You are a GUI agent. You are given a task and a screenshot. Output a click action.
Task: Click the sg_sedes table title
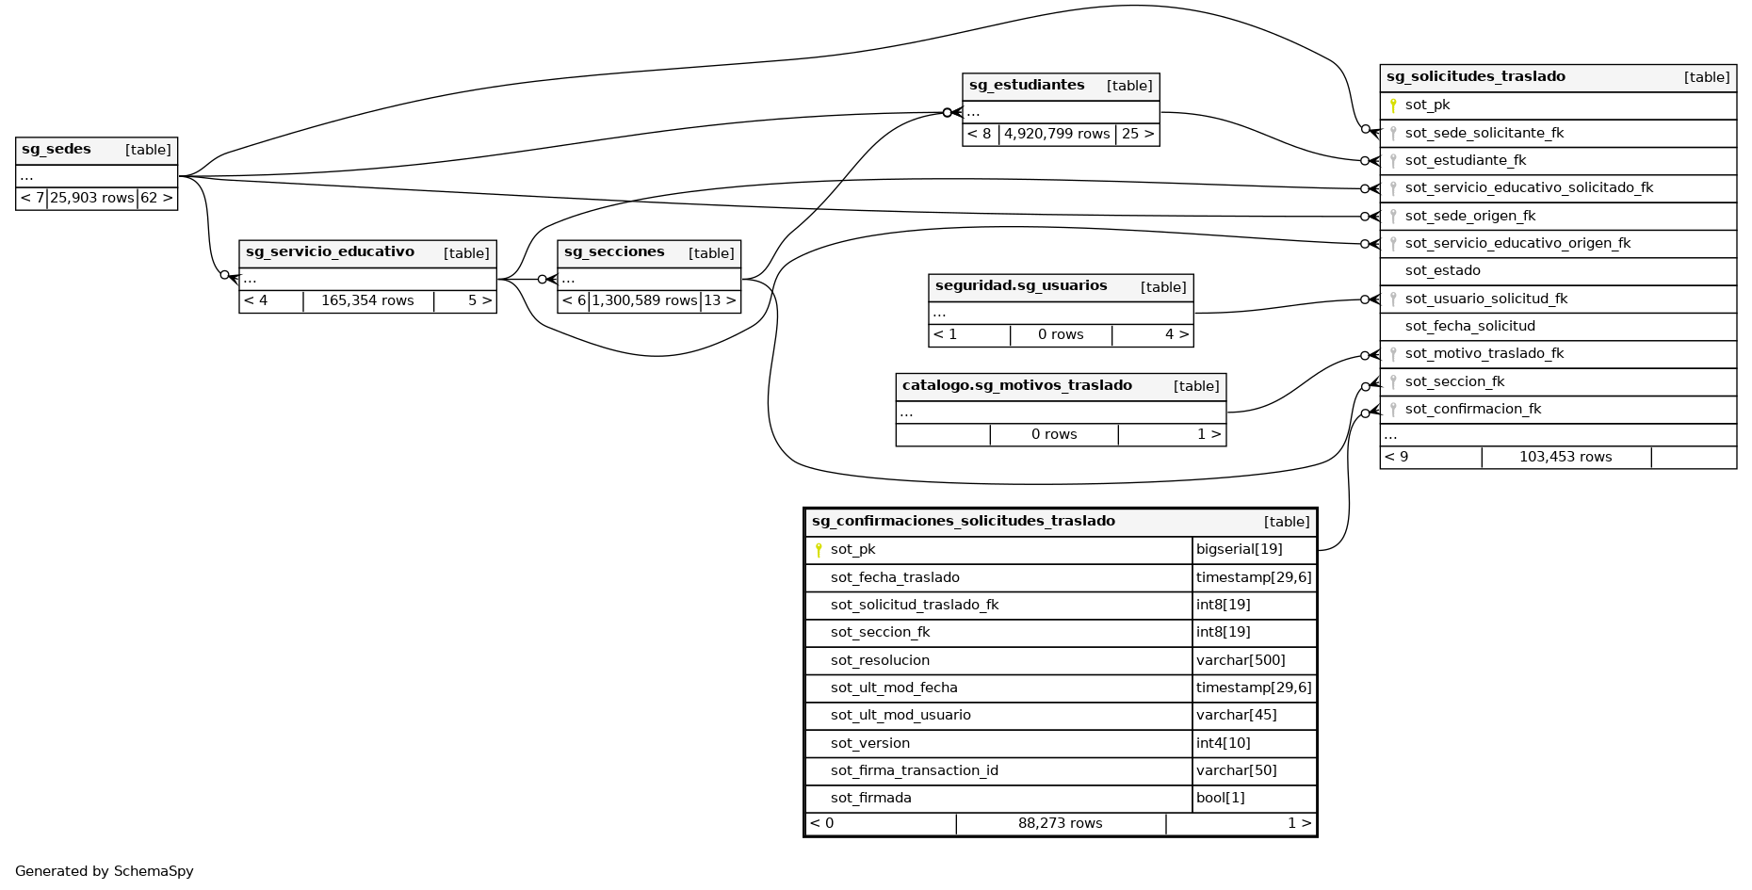[57, 150]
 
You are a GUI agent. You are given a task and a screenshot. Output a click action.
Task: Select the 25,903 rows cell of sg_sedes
[91, 198]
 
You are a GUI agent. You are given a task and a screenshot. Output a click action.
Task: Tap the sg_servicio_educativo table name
[330, 252]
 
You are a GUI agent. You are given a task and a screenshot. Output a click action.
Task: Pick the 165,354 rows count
[367, 300]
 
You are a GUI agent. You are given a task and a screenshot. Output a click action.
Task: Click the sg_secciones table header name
[614, 252]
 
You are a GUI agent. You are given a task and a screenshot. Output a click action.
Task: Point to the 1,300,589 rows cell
[644, 300]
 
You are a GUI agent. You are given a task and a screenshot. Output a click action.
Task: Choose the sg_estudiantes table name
[1027, 86]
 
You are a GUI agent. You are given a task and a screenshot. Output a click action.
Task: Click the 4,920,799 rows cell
[1057, 134]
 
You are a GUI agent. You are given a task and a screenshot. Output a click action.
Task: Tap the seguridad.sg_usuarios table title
[1021, 286]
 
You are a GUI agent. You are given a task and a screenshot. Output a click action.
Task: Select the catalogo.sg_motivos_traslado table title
[1017, 385]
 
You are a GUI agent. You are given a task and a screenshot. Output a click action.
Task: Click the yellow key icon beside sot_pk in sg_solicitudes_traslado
[1393, 105]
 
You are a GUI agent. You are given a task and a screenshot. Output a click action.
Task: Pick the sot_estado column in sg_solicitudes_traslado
[1442, 271]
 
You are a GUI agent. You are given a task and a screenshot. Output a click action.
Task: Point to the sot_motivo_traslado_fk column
[1484, 354]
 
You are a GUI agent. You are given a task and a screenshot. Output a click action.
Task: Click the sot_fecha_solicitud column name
[1469, 327]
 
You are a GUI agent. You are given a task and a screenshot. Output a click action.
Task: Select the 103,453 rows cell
[1565, 457]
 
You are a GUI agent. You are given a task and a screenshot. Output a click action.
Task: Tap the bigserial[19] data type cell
[1239, 550]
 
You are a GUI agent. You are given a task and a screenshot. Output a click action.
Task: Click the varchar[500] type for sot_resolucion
[1241, 660]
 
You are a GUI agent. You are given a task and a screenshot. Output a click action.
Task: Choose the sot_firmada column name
[870, 799]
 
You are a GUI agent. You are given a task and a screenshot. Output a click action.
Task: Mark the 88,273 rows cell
[1060, 823]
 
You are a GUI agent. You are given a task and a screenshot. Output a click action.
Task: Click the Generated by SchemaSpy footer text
[105, 871]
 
